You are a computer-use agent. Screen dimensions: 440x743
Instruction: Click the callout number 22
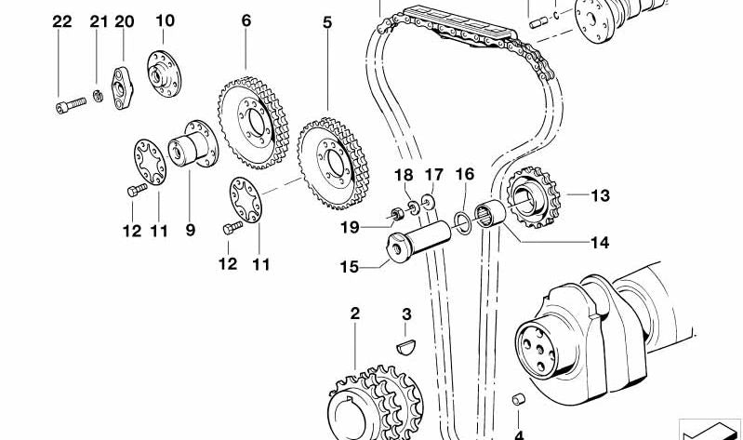(x=61, y=21)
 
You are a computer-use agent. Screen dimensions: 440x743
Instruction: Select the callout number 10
(x=165, y=20)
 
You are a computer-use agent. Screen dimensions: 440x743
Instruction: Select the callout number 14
(x=599, y=244)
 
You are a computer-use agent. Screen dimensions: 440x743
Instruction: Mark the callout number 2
(x=354, y=314)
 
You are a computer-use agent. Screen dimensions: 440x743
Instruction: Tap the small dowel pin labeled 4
(x=519, y=401)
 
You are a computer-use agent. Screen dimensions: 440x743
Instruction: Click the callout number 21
(x=99, y=21)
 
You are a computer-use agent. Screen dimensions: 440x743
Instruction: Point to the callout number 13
(x=600, y=195)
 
